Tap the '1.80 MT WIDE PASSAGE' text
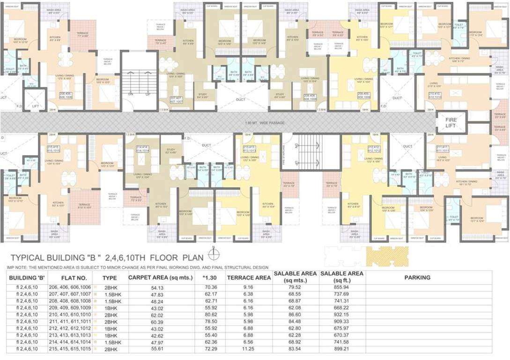click(260, 123)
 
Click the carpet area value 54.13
click(157, 287)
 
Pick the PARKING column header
click(417, 277)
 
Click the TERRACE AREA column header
click(249, 277)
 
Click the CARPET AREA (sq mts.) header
click(160, 277)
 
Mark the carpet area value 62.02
click(157, 315)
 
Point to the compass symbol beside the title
click(214, 255)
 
